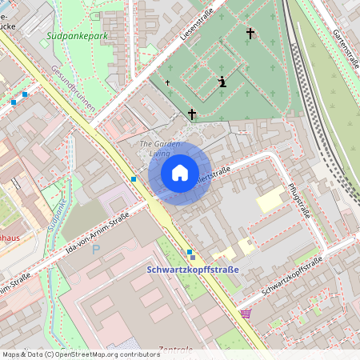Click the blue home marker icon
tap(180, 173)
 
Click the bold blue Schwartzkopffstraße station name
tap(193, 270)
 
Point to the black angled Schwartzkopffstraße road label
tap(291, 277)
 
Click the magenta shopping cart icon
tap(245, 313)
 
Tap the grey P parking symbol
tap(97, 250)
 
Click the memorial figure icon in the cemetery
tap(222, 81)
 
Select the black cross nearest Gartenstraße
tap(250, 34)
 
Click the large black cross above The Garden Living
tap(191, 115)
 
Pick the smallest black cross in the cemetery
tap(168, 82)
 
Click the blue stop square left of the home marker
tap(133, 179)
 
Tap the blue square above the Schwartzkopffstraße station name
tap(190, 253)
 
